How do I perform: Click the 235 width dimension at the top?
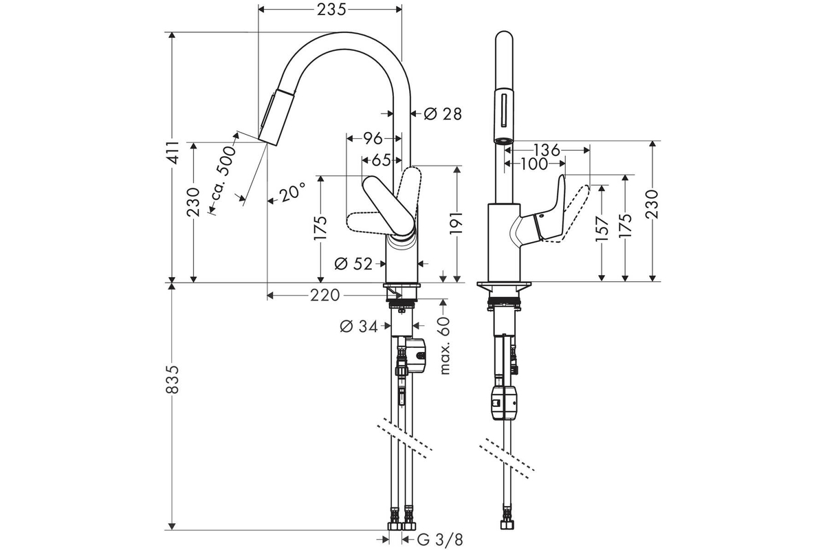pyautogui.click(x=331, y=10)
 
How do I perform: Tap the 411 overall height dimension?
pyautogui.click(x=173, y=152)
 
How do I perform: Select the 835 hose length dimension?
pyautogui.click(x=173, y=379)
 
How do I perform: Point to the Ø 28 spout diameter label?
pyautogui.click(x=442, y=114)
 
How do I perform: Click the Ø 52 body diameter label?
pyautogui.click(x=353, y=264)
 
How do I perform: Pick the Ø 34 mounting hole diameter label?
pyautogui.click(x=359, y=326)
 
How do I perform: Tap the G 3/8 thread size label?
pyautogui.click(x=440, y=540)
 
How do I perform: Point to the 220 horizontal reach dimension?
pyautogui.click(x=324, y=296)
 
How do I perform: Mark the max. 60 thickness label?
pyautogui.click(x=445, y=346)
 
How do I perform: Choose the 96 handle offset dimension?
pyautogui.click(x=373, y=139)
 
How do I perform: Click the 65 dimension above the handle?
pyautogui.click(x=381, y=160)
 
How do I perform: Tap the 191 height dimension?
pyautogui.click(x=456, y=223)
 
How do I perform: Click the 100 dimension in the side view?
pyautogui.click(x=534, y=164)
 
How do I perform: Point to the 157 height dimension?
pyautogui.click(x=602, y=229)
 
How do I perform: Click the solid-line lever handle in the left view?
pyautogui.click(x=388, y=206)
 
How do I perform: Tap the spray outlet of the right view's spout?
pyautogui.click(x=503, y=141)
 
